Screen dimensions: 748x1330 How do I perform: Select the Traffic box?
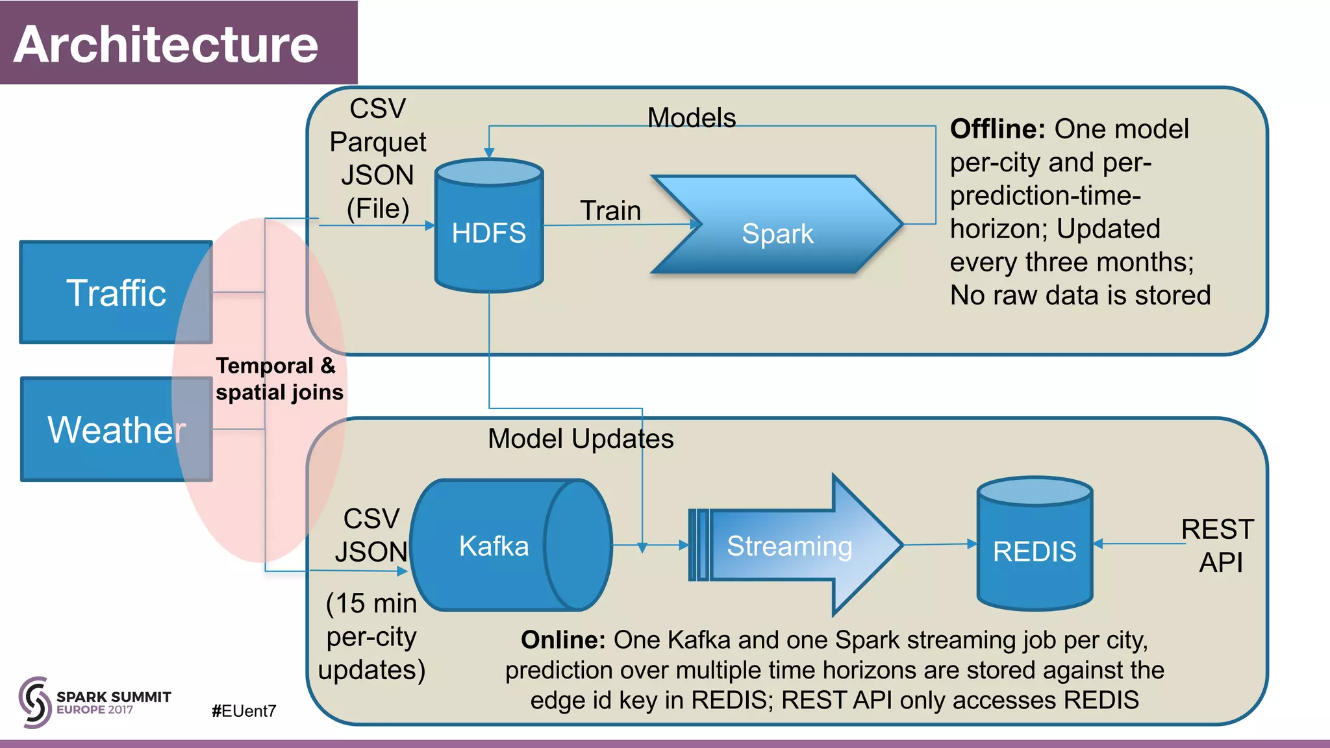116,292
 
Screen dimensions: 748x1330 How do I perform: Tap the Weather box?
116,429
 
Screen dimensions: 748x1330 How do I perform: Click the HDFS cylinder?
489,232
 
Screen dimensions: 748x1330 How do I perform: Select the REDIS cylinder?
1035,551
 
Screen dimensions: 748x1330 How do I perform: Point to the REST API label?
1218,545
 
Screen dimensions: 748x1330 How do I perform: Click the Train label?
610,210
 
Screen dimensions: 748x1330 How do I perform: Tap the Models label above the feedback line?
692,118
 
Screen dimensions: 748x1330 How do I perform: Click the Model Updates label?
581,438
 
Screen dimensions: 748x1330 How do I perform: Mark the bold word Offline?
997,129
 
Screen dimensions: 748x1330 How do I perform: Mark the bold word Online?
563,640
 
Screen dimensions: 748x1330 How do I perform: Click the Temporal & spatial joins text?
279,379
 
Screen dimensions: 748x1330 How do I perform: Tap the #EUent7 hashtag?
244,711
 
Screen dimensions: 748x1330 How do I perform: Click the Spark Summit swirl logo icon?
34,701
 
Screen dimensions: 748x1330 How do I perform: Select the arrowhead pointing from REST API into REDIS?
1098,543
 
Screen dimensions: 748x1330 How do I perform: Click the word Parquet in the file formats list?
377,142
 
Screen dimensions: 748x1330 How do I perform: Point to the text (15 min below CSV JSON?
371,603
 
